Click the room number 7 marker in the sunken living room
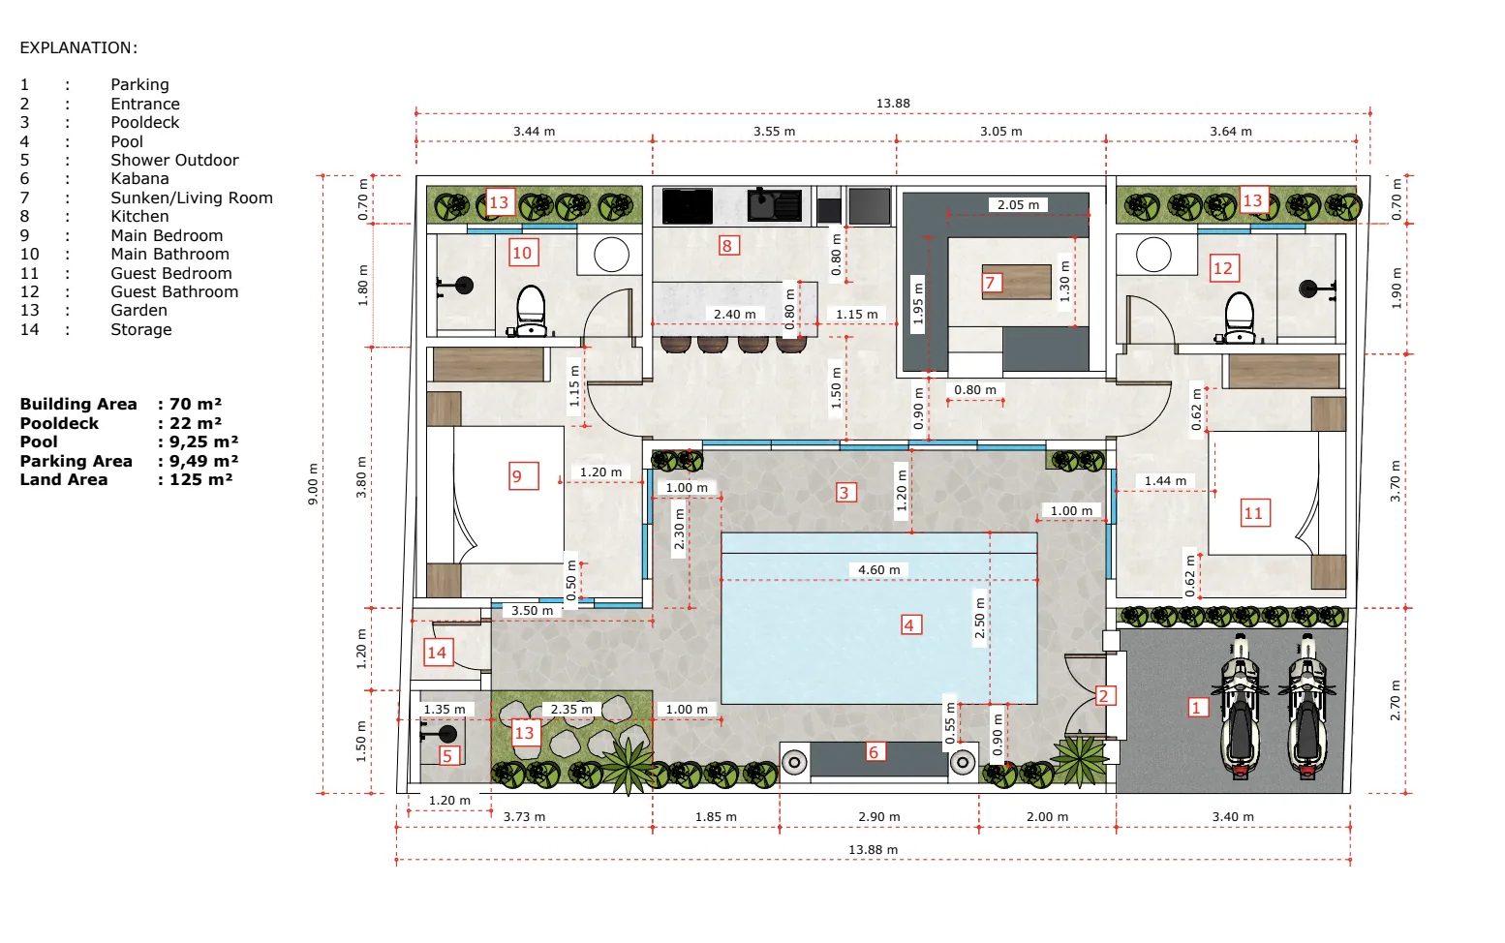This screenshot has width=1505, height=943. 991,282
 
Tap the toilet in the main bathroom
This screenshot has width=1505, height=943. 531,310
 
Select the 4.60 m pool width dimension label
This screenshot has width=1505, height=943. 878,569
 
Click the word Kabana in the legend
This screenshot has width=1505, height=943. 139,179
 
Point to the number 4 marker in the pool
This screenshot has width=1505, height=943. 910,624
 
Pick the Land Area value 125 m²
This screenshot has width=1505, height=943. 200,479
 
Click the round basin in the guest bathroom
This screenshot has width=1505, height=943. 1152,255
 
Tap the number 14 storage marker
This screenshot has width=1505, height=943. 438,653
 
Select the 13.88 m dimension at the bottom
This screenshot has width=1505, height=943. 873,850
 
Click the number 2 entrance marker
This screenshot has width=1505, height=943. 1104,695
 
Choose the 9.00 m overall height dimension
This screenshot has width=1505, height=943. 313,483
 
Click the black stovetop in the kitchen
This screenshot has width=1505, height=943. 687,205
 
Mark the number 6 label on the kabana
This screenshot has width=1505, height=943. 874,751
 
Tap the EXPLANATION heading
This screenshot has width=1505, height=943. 78,47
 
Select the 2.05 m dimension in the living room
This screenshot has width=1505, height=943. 1018,205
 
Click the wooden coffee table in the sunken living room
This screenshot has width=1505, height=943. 1017,282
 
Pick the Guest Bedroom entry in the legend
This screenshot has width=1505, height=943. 171,273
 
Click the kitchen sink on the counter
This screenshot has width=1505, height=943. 775,204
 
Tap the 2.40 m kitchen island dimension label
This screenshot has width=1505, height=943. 734,315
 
